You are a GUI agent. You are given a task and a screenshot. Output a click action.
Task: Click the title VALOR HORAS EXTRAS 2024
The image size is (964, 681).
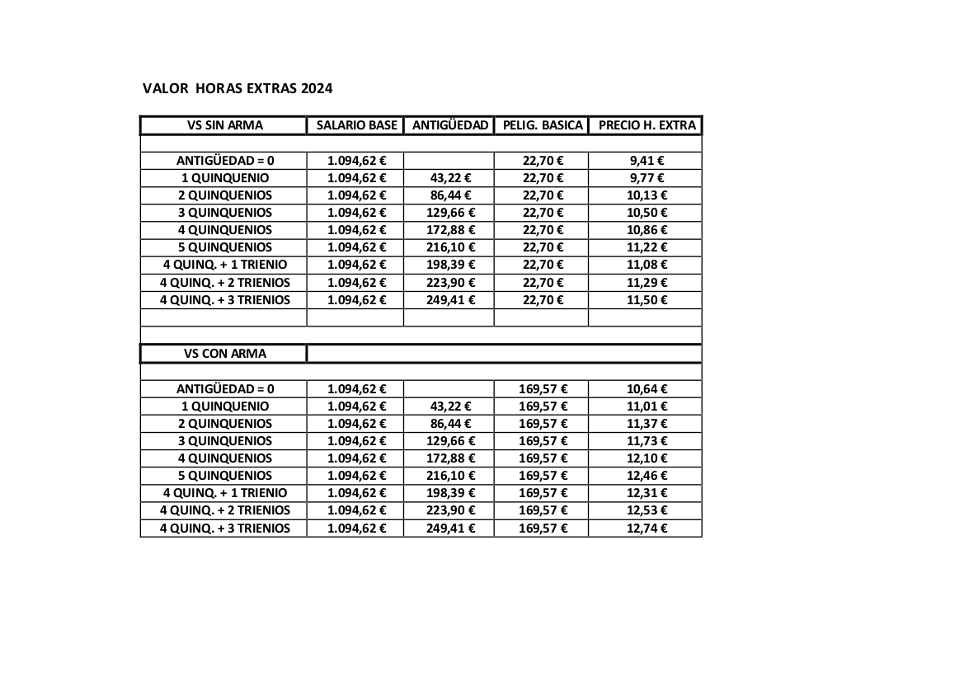pyautogui.click(x=237, y=88)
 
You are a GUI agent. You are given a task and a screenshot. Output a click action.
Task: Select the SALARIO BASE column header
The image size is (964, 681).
pyautogui.click(x=356, y=125)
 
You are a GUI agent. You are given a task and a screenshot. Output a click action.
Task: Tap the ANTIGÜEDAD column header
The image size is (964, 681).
pyautogui.click(x=449, y=125)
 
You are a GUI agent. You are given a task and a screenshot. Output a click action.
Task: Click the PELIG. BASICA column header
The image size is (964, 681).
pyautogui.click(x=542, y=125)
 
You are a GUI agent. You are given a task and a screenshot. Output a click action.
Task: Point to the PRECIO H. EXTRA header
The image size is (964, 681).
pyautogui.click(x=647, y=125)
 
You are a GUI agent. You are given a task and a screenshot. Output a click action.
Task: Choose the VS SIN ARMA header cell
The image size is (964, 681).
pyautogui.click(x=225, y=125)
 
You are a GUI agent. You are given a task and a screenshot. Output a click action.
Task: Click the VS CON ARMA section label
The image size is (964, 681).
pyautogui.click(x=225, y=354)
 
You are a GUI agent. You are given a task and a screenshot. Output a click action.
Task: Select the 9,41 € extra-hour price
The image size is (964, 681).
pyautogui.click(x=647, y=161)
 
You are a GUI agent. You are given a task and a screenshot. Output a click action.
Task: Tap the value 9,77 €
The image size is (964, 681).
pyautogui.click(x=647, y=178)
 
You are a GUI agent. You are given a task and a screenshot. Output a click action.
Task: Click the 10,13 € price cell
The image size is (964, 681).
pyautogui.click(x=647, y=195)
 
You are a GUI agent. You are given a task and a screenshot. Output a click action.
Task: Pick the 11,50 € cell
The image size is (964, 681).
pyautogui.click(x=647, y=300)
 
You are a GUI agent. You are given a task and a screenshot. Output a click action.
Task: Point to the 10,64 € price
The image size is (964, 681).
pyautogui.click(x=647, y=389)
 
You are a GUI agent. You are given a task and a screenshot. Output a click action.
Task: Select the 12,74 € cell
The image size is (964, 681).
pyautogui.click(x=647, y=528)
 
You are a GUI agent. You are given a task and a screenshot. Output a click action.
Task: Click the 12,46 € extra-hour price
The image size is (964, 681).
pyautogui.click(x=647, y=476)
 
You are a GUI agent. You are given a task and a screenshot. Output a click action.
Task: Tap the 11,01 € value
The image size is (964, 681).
pyautogui.click(x=647, y=406)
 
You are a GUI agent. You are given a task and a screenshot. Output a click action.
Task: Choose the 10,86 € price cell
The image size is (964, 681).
pyautogui.click(x=647, y=230)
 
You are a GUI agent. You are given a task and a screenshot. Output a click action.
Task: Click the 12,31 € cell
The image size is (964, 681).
pyautogui.click(x=647, y=493)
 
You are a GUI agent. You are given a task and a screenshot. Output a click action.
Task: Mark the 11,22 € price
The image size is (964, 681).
pyautogui.click(x=647, y=247)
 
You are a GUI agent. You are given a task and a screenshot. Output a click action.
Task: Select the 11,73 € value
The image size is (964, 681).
pyautogui.click(x=647, y=441)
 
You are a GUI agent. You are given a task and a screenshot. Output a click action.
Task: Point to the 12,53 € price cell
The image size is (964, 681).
pyautogui.click(x=647, y=510)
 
